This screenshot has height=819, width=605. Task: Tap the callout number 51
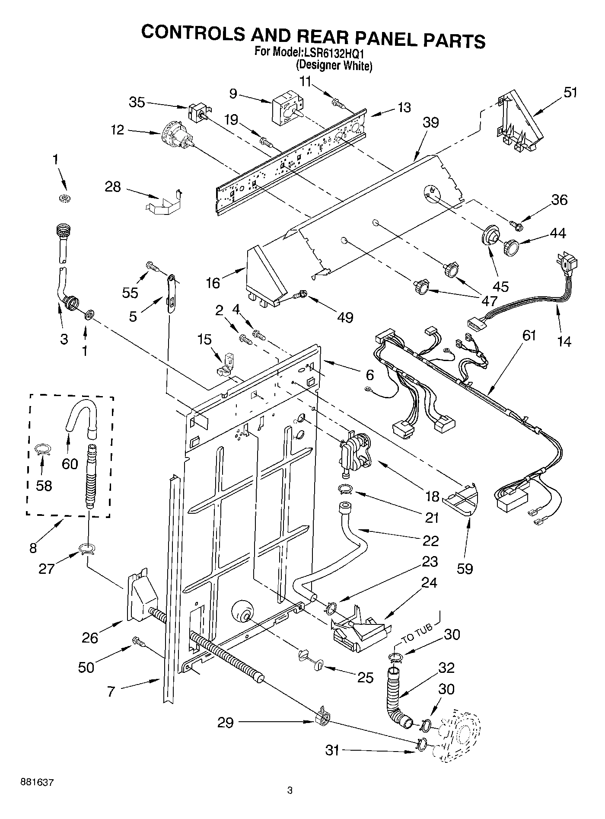570,93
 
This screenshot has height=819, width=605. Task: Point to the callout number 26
90,638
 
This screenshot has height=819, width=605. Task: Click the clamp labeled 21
346,489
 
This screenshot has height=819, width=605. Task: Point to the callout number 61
529,336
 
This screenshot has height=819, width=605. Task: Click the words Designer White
334,66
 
